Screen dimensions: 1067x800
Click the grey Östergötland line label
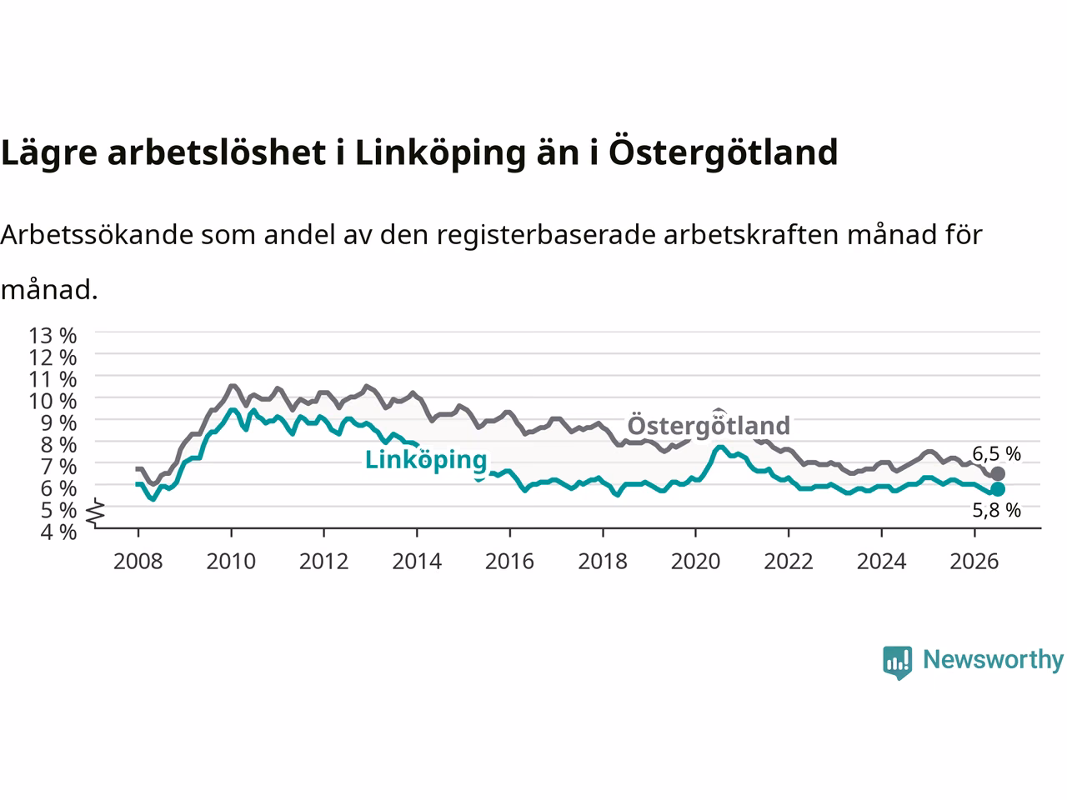pos(709,425)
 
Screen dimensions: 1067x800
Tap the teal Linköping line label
pos(426,460)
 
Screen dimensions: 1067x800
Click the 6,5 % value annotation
pos(996,453)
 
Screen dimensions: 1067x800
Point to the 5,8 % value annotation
pos(996,510)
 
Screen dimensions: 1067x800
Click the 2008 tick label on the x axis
pos(138,562)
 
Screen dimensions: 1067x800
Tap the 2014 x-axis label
pos(417,562)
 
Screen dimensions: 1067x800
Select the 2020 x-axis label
pos(695,562)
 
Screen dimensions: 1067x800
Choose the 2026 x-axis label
pos(974,562)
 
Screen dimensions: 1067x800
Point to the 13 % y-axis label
pos(53,336)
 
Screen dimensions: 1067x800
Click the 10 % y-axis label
pos(53,401)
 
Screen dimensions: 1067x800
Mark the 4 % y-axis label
pos(58,532)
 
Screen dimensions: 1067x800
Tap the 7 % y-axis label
pos(58,467)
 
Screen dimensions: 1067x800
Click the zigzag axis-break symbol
pos(96,513)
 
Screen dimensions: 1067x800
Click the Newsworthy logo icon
pos(897,662)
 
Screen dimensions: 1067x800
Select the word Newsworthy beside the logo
pos(993,660)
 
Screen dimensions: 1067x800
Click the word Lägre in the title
pos(49,153)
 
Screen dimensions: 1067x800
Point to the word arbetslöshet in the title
pos(216,152)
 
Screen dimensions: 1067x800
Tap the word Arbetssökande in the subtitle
pos(98,235)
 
